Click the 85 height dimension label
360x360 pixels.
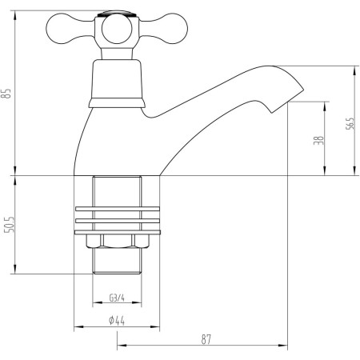(6, 94)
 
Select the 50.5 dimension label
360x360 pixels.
(10, 224)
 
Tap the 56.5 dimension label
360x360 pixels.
(350, 123)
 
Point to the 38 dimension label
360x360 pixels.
(318, 140)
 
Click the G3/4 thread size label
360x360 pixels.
(117, 298)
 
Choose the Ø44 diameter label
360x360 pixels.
(117, 320)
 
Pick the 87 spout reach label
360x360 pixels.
(206, 339)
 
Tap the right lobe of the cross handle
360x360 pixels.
(166, 29)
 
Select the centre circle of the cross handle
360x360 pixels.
(117, 29)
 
